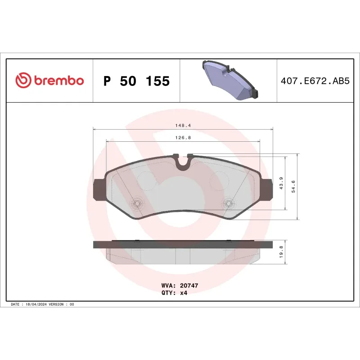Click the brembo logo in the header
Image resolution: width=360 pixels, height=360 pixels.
point(49,81)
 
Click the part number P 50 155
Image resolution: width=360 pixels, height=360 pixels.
point(136,81)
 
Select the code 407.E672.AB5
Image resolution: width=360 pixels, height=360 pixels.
point(315,81)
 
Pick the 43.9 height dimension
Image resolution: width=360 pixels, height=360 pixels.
point(281,183)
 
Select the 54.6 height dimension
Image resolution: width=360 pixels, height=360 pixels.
point(293,186)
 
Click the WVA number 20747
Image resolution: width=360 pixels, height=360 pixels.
point(189,286)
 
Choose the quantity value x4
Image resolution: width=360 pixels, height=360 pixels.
point(183,292)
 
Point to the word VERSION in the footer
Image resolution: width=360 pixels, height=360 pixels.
point(58,305)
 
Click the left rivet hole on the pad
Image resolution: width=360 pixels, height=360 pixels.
point(137,204)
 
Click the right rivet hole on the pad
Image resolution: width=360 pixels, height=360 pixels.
point(228,204)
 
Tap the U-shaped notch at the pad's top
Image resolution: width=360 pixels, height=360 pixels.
point(183,162)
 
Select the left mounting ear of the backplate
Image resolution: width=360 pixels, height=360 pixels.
point(98,189)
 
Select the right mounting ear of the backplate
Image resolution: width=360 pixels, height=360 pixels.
point(267,189)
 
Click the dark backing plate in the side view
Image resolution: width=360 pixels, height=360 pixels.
point(183,244)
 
